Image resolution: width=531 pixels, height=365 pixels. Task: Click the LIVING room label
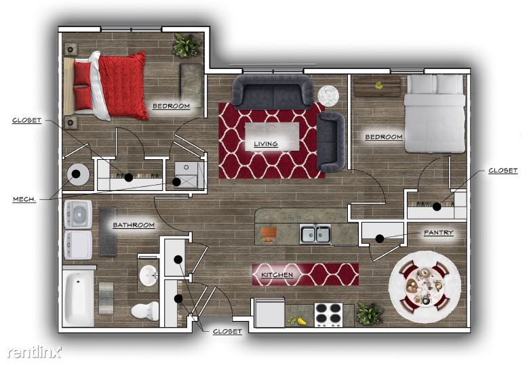[266, 144]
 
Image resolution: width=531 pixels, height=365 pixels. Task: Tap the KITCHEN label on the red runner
[277, 275]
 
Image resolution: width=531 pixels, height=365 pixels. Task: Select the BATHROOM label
[134, 225]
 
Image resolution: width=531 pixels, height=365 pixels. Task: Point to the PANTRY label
[439, 233]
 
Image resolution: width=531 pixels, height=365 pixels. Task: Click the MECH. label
[24, 199]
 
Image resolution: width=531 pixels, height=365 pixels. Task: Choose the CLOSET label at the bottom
[227, 332]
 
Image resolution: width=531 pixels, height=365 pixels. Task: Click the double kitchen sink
[315, 234]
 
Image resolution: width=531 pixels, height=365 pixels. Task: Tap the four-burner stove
[328, 315]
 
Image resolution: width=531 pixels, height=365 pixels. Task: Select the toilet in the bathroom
[145, 311]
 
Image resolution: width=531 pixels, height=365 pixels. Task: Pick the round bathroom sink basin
[149, 274]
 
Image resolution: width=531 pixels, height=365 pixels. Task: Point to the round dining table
[425, 286]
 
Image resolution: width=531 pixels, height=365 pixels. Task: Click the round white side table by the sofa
[328, 95]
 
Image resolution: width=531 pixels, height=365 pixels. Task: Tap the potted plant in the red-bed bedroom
[186, 45]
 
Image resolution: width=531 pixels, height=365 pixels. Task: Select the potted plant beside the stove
[369, 314]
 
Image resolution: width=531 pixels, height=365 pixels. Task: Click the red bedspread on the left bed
[123, 85]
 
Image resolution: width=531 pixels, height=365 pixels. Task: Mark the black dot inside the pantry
[380, 239]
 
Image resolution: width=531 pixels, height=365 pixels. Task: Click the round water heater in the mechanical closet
[78, 175]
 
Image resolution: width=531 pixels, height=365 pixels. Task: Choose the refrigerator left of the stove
[269, 313]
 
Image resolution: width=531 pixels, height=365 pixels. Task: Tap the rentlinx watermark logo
[35, 353]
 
